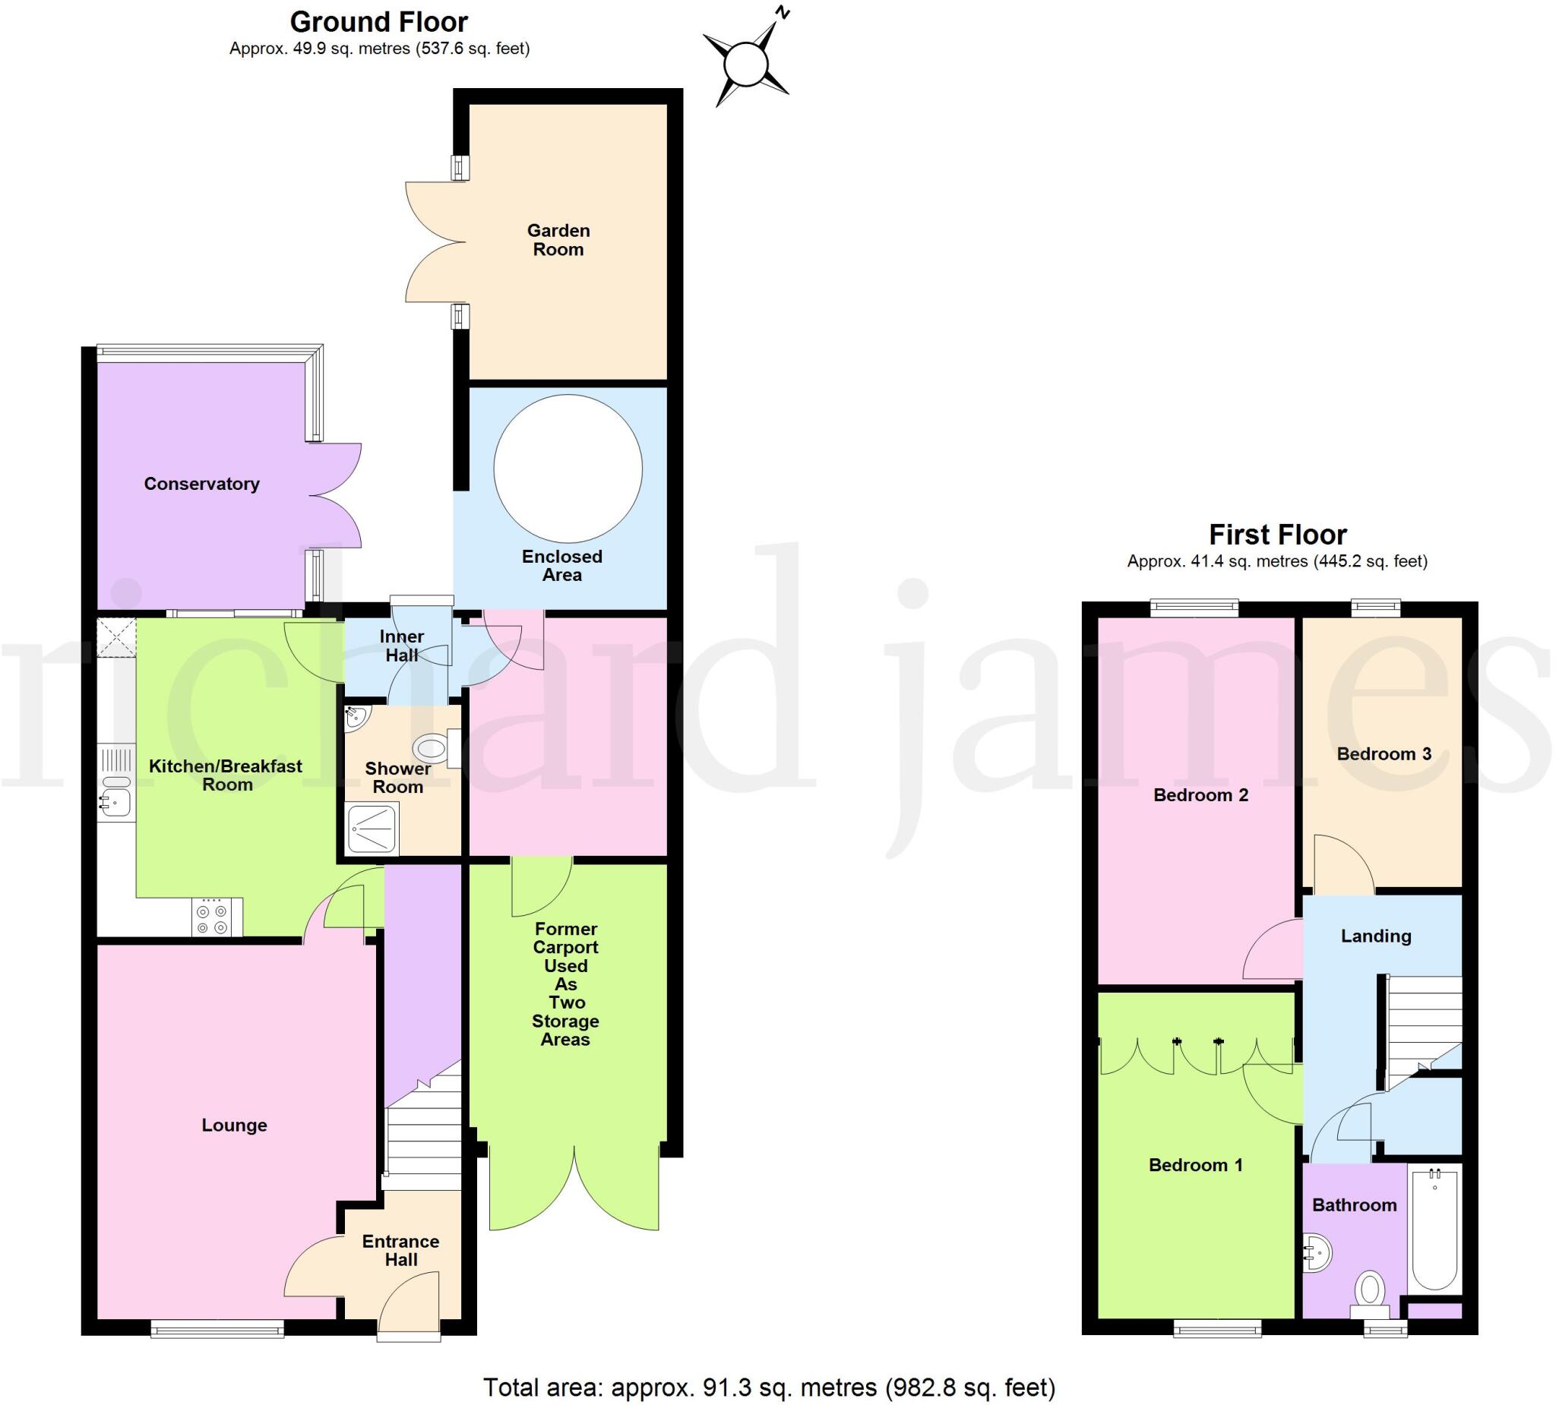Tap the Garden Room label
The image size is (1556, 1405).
click(x=558, y=240)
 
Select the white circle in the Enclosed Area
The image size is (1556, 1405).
click(x=568, y=469)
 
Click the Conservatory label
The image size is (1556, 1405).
click(x=201, y=484)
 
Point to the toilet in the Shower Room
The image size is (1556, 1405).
click(x=432, y=747)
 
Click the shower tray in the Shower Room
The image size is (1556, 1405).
click(x=372, y=828)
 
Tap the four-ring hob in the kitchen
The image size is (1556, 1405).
click(x=212, y=918)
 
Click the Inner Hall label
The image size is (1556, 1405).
click(x=401, y=646)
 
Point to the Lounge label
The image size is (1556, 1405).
click(x=234, y=1125)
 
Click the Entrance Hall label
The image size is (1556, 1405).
click(x=400, y=1250)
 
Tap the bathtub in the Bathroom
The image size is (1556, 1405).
click(x=1434, y=1230)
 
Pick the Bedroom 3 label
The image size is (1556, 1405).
click(x=1384, y=754)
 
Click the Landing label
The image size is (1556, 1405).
click(x=1375, y=936)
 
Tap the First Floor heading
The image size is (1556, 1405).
click(x=1277, y=534)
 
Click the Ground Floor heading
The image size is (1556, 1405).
click(x=379, y=21)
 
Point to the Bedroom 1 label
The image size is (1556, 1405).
click(x=1196, y=1165)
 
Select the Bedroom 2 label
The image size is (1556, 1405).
click(x=1200, y=794)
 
